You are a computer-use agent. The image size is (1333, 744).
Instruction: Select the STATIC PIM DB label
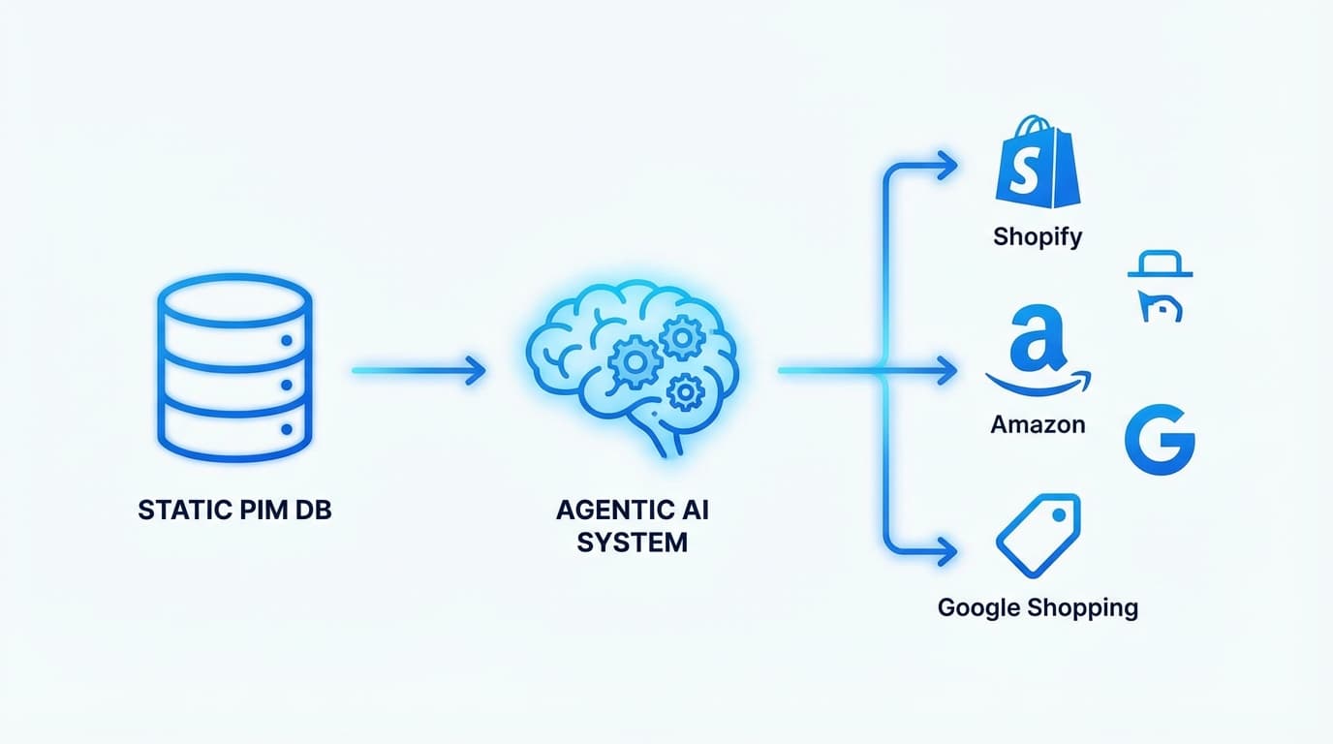(x=234, y=511)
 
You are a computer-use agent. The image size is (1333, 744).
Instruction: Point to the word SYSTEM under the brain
(x=632, y=542)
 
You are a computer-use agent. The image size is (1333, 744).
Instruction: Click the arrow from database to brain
(x=418, y=369)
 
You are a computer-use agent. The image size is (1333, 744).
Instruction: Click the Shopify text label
(x=1038, y=236)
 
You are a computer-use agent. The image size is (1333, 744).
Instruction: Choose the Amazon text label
(x=1038, y=424)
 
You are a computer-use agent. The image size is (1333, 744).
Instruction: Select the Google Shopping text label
(x=1038, y=608)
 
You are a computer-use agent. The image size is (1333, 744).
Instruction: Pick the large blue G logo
(x=1160, y=440)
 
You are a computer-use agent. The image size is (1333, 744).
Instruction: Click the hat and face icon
(x=1159, y=287)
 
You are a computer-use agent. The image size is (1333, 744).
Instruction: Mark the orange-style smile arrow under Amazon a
(x=1038, y=382)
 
